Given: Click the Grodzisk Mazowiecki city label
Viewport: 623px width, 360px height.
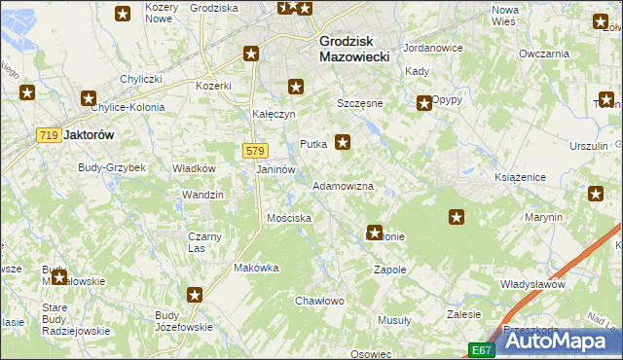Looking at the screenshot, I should [x=354, y=50].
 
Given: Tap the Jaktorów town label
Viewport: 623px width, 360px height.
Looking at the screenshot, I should [x=89, y=136].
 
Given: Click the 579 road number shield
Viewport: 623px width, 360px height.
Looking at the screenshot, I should [x=254, y=151].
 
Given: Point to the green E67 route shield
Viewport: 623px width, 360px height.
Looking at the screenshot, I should [x=482, y=349].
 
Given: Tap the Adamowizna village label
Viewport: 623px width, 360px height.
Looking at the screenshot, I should [x=343, y=185].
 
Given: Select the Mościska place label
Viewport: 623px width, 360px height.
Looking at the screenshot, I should [x=289, y=218].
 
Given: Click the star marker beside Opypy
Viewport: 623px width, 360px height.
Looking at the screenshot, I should [x=424, y=103].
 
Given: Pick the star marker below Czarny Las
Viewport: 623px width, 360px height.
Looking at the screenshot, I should [x=195, y=294].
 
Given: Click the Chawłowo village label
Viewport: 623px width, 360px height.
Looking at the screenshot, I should [x=320, y=301].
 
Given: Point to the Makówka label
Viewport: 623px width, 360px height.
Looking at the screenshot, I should [x=257, y=268].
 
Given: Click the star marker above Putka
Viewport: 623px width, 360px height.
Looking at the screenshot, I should [x=295, y=88].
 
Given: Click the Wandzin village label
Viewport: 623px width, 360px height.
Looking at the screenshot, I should [x=202, y=195].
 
